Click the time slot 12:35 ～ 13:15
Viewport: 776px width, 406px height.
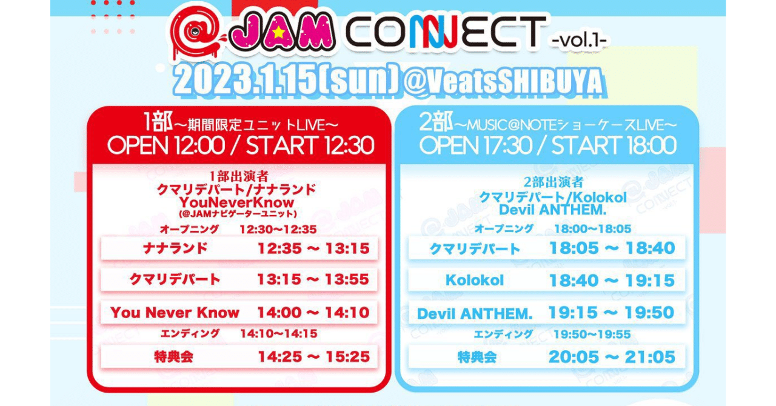point(313,248)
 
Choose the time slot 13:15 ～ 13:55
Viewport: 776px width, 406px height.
point(313,280)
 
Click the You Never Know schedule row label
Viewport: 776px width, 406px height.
point(175,313)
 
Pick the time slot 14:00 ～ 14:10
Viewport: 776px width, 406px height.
point(313,313)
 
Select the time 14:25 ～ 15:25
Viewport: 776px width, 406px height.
point(313,356)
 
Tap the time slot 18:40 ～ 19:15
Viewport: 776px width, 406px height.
point(612,281)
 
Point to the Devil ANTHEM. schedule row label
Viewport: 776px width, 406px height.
point(475,314)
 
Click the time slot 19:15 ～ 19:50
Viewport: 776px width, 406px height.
point(612,313)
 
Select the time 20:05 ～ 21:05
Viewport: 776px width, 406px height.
point(612,357)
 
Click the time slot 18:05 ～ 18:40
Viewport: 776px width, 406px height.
point(612,248)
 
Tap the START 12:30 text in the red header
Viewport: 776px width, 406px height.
point(310,146)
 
